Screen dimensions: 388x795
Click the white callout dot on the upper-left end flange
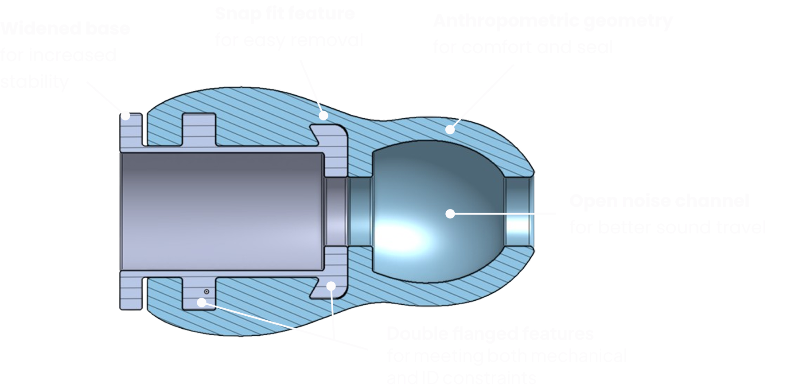(x=126, y=116)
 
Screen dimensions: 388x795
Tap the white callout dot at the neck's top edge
(x=324, y=116)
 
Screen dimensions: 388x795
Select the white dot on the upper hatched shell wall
(x=450, y=129)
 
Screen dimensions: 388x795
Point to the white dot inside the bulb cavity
(x=450, y=213)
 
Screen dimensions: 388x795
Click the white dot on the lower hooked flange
(x=331, y=286)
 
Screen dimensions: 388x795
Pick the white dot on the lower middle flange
(x=202, y=303)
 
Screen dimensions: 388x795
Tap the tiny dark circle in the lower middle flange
(x=207, y=291)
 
